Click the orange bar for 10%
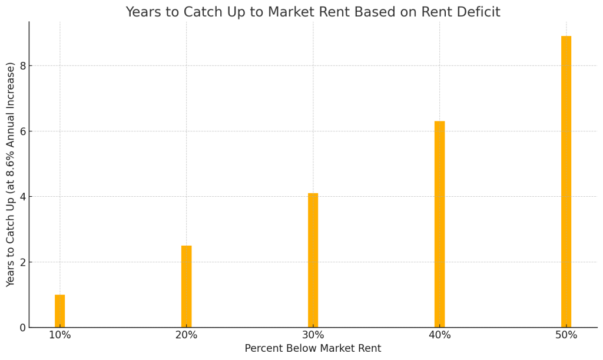[x=59, y=311]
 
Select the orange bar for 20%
[x=186, y=286]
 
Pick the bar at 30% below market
[x=313, y=260]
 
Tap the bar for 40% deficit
[x=439, y=224]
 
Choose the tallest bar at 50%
[x=566, y=181]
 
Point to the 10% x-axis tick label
[x=59, y=335]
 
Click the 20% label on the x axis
[x=186, y=335]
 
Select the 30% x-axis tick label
[x=313, y=335]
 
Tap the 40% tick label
[x=439, y=335]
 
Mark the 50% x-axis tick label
[x=566, y=335]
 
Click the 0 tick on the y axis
[x=22, y=328]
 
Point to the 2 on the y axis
[x=22, y=262]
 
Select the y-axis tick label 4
[x=22, y=197]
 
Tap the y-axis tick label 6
[x=22, y=131]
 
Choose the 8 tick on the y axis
[x=22, y=66]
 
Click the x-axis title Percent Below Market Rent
[x=313, y=349]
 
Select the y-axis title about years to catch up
[x=11, y=174]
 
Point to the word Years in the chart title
[x=144, y=12]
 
